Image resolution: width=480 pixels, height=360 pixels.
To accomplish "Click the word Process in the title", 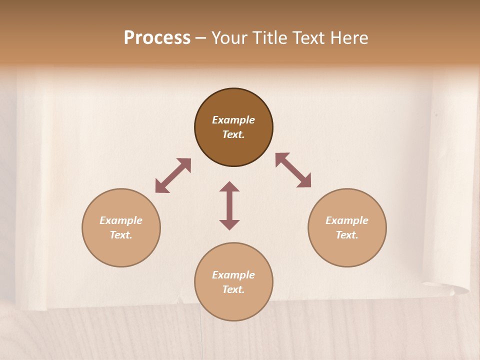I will pos(157,38).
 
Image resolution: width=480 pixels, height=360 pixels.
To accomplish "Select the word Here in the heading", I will pos(348,38).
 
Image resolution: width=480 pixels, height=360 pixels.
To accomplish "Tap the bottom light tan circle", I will pos(233,305).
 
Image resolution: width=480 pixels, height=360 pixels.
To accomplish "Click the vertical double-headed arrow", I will pos(229,205).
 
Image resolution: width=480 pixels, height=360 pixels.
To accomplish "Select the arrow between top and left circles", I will pos(173,175).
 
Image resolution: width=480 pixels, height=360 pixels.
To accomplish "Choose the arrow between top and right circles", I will pos(293,170).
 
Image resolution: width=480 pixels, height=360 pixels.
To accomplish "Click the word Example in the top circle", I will pos(233,120).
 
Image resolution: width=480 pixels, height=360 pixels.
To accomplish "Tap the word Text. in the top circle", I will pos(233,134).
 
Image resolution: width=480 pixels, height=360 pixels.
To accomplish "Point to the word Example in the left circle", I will pos(121,220).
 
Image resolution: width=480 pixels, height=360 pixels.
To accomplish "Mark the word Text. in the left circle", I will pos(121,235).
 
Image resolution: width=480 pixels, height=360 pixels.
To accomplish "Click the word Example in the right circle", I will pos(347,220).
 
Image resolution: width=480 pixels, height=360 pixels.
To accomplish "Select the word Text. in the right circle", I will pos(347,235).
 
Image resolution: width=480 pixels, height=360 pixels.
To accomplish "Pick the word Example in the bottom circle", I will pos(233,275).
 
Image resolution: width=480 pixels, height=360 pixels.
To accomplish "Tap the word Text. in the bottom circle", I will pos(233,289).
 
